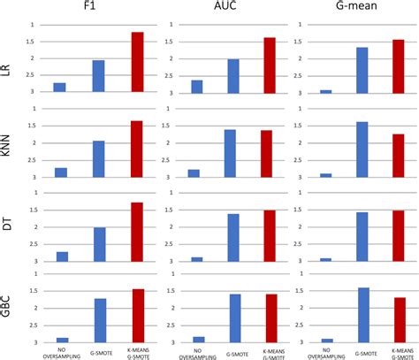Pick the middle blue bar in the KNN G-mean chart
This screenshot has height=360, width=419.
point(362,149)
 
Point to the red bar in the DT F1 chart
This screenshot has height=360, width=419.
point(137,232)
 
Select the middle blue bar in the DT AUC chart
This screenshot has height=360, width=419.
point(233,237)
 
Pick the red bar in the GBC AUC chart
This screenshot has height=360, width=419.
point(270,318)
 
